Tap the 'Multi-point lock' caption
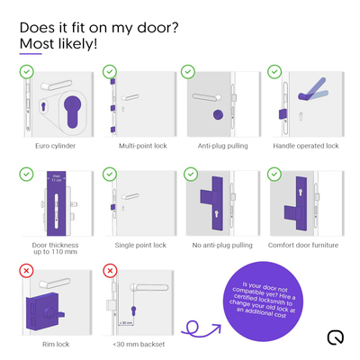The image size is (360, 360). [141, 145]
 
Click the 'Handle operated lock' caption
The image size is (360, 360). [306, 145]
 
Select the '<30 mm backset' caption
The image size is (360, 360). [138, 342]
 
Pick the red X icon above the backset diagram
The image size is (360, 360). [110, 269]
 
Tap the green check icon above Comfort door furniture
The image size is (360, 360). [274, 171]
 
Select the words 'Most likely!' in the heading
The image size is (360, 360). [58, 42]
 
